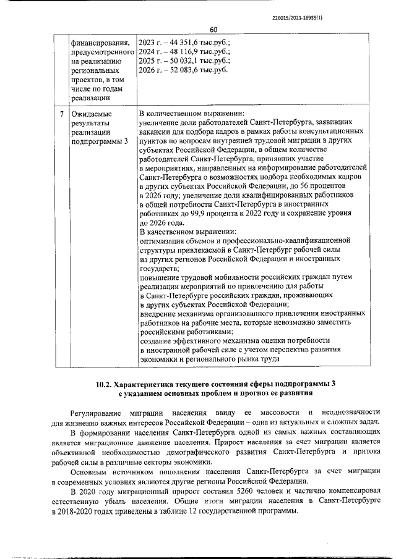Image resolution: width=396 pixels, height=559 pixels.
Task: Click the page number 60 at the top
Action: coord(213,29)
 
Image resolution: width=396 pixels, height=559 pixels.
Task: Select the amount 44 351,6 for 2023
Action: coord(179,43)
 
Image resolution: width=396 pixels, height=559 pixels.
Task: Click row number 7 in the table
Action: coord(61,114)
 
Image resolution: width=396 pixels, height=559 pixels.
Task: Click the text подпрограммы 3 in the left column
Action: coord(100,141)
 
